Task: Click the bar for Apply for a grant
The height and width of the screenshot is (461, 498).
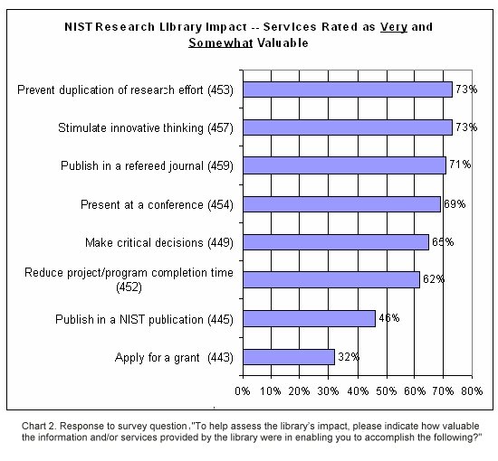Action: [289, 357]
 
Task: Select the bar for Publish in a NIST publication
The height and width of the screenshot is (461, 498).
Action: [309, 319]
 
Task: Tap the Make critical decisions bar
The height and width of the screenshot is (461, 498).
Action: [336, 242]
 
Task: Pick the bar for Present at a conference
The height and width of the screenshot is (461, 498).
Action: [341, 204]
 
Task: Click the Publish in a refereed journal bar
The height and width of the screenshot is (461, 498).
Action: [345, 165]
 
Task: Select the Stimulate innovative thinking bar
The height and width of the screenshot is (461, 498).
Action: [348, 127]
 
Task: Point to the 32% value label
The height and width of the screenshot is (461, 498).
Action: [349, 357]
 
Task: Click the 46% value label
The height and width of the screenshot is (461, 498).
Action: [389, 318]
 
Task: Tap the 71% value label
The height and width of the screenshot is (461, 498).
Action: [460, 165]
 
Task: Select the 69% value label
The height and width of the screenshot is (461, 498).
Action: [455, 204]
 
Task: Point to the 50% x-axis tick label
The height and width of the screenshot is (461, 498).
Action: [387, 390]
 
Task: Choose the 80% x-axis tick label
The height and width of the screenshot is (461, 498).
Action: [472, 390]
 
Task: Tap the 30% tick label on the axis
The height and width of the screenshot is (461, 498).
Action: [328, 390]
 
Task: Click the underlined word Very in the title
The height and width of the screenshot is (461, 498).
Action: [394, 27]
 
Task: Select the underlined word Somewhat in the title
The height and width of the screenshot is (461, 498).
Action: [221, 42]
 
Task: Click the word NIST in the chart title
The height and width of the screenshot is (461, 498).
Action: [79, 26]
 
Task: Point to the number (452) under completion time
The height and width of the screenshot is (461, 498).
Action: [129, 287]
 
